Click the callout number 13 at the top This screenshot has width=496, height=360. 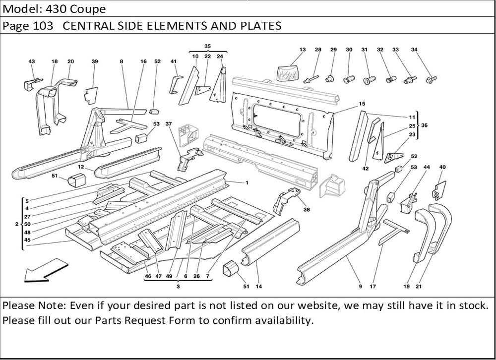click(x=303, y=50)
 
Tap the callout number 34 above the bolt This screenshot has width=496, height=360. click(x=415, y=50)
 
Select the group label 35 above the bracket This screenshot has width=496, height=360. click(x=207, y=46)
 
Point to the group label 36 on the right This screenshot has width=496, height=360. click(x=424, y=125)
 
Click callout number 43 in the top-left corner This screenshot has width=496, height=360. click(x=32, y=61)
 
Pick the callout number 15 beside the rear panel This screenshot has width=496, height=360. click(x=362, y=104)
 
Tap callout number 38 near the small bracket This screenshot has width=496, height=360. click(x=307, y=210)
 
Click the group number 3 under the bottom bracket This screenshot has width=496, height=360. click(x=178, y=287)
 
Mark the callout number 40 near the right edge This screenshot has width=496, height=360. click(x=442, y=167)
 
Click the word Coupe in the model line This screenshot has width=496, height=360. click(x=91, y=9)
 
